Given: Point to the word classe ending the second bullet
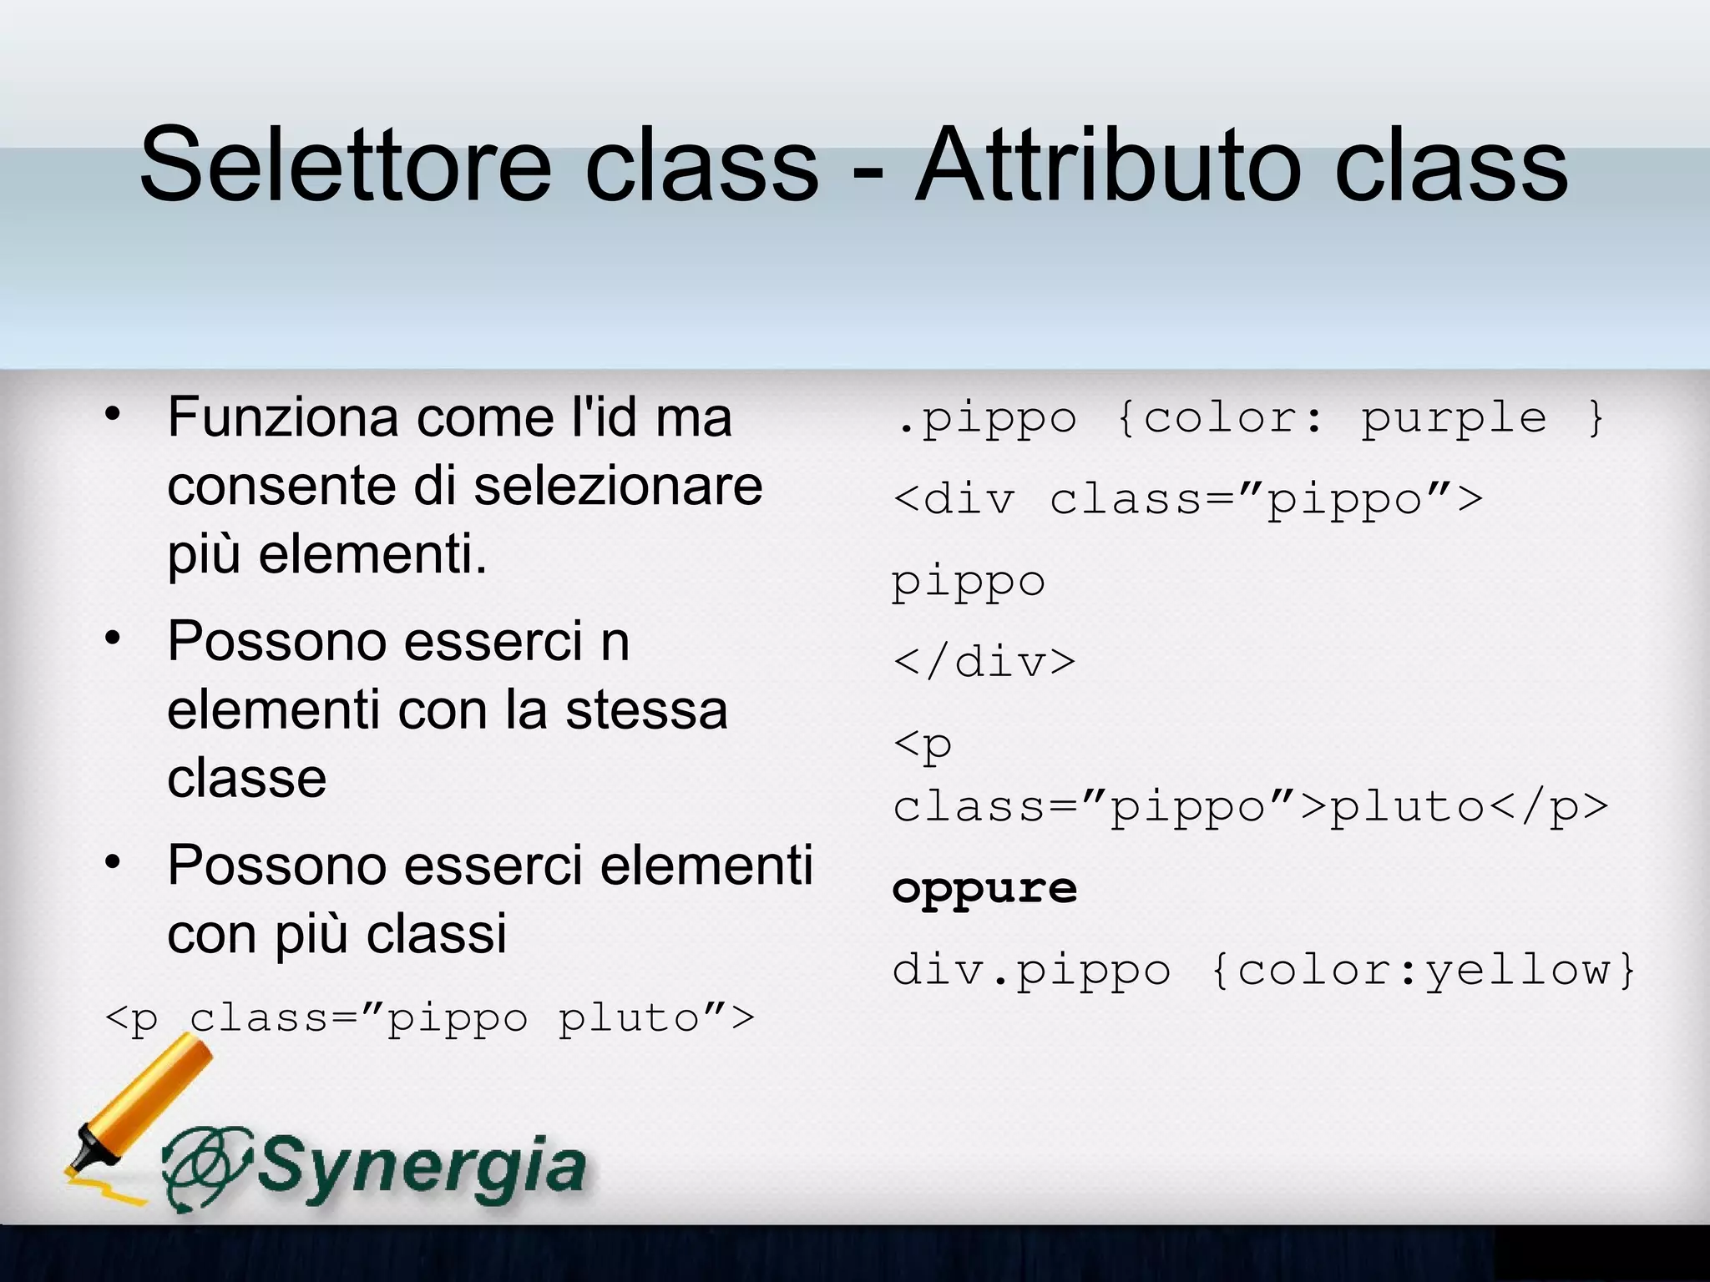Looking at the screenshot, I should click(247, 779).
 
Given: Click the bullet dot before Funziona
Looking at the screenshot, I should click(114, 414).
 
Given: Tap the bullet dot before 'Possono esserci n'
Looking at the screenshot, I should click(114, 638).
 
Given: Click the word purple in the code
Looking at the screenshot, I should click(1454, 418).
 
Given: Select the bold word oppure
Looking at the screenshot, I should click(984, 888).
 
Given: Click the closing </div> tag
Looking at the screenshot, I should click(984, 663).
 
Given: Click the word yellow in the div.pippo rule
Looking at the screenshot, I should click(1518, 970).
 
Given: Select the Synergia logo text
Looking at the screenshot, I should click(422, 1166).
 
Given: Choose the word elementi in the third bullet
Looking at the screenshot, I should click(706, 865).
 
